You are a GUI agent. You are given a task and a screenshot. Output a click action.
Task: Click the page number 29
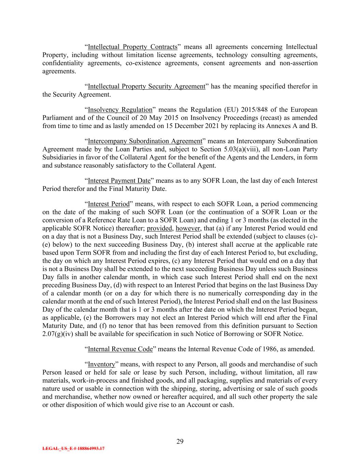point(180,441)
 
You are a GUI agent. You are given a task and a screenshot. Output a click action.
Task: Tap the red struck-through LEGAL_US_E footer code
point(73,449)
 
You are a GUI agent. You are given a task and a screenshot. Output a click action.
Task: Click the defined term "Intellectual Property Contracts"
point(132,47)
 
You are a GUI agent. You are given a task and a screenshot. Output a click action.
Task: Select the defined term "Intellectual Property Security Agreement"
point(146,86)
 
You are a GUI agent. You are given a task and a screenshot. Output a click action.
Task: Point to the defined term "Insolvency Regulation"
point(120,110)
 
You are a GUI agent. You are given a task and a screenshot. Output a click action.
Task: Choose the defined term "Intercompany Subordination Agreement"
point(145,141)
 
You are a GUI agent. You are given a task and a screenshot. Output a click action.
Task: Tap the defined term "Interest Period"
point(109,204)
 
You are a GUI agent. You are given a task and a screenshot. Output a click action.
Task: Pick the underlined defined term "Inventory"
point(101,364)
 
